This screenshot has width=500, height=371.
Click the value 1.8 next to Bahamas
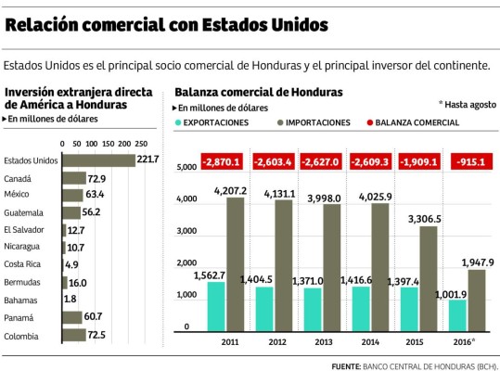(71, 299)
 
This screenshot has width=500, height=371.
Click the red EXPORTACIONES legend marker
(178, 122)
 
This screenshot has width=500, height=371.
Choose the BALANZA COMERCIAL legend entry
(417, 122)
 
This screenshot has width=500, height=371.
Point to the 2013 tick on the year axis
(325, 342)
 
